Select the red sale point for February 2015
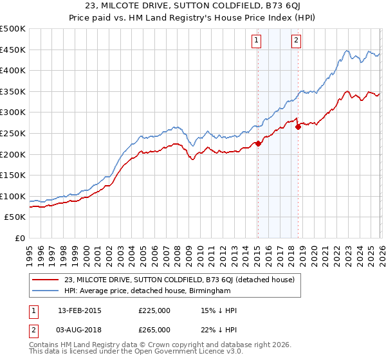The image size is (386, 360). pos(258,143)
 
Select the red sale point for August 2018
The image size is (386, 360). pos(298,127)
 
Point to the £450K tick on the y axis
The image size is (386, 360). pos(13,50)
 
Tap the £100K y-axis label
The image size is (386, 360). pos(13,196)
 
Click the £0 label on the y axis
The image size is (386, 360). pos(21,239)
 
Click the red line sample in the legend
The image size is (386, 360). pos(46,280)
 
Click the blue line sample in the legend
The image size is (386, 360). pos(46,291)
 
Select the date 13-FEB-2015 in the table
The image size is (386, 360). pos(79,310)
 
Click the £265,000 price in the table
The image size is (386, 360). pos(154,329)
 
